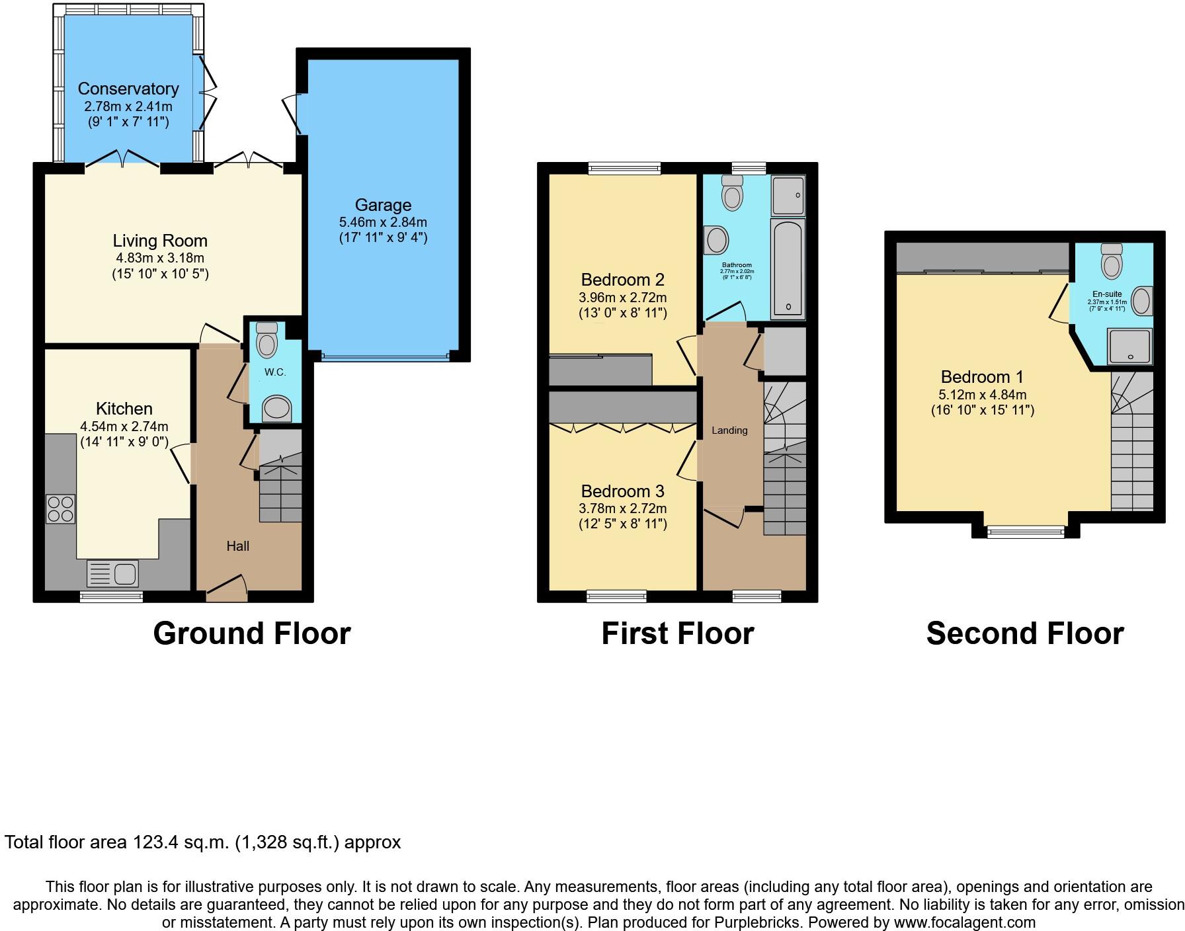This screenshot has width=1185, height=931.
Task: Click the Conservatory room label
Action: click(128, 89)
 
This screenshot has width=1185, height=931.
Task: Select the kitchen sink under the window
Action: click(113, 573)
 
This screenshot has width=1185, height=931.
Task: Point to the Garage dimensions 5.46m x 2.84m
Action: click(382, 222)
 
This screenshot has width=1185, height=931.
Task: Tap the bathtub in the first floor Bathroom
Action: click(788, 270)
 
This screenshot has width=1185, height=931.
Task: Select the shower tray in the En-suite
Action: click(1129, 346)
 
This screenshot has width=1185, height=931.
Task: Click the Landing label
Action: click(729, 430)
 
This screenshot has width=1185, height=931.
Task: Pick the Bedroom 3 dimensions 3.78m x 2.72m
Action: click(622, 508)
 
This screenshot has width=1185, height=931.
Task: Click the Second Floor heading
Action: click(1024, 633)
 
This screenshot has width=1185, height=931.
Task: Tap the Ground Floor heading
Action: click(251, 633)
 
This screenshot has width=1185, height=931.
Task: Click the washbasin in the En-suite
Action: click(1142, 301)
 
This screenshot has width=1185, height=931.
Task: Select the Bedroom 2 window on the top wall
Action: click(625, 169)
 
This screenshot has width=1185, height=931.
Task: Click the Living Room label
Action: click(160, 241)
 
